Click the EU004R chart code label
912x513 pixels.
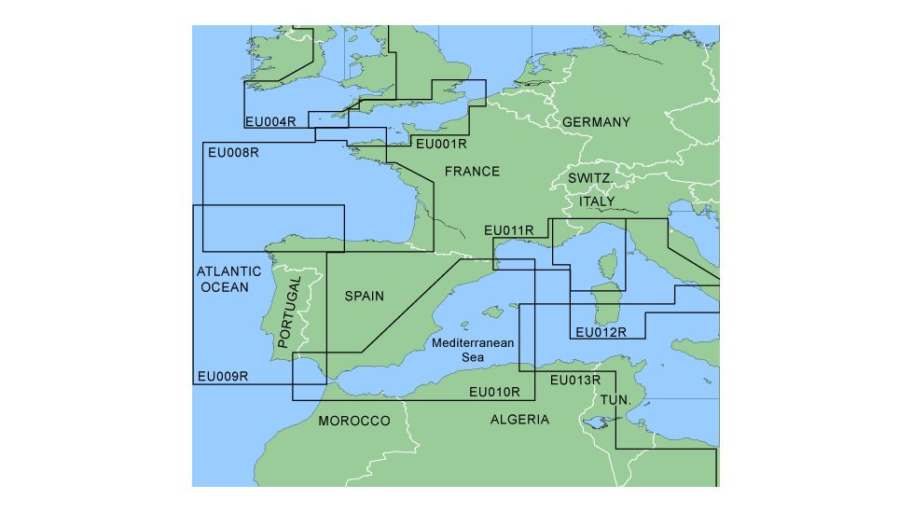(x=270, y=121)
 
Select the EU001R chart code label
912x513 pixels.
(x=440, y=144)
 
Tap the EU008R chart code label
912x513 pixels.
(x=233, y=152)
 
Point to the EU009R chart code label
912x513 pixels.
(x=222, y=377)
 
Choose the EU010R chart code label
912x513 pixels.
(x=494, y=392)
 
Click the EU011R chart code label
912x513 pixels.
(x=509, y=230)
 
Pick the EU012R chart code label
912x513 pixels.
(x=601, y=332)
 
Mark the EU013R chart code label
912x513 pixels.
(x=575, y=380)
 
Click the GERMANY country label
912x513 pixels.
(x=596, y=122)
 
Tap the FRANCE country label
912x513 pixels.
(x=472, y=172)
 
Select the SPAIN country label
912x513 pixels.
(x=365, y=296)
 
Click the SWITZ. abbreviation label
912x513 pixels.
(x=589, y=178)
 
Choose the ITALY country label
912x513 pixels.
(x=597, y=201)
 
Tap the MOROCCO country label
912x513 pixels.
(x=354, y=422)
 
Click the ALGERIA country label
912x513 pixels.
(x=519, y=420)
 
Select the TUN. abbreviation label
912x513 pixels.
(x=615, y=399)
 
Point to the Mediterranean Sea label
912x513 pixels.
(x=473, y=350)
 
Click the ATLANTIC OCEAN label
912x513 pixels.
(x=223, y=279)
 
